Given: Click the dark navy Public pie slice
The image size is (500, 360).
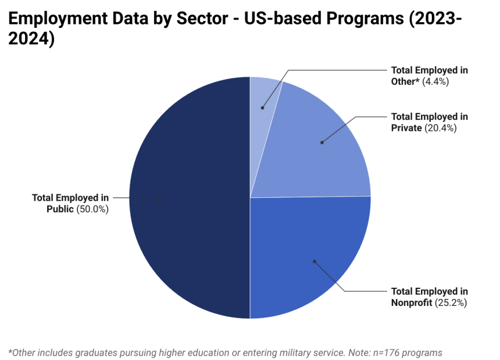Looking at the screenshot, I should click(x=188, y=227).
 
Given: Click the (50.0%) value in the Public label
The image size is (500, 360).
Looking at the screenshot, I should click(x=92, y=209).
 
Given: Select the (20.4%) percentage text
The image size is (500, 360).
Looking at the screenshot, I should click(x=440, y=128).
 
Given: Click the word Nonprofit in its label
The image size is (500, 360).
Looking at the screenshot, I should click(x=412, y=303).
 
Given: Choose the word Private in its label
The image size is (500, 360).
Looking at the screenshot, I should click(x=406, y=128).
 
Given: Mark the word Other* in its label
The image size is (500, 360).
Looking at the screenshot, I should click(x=405, y=81).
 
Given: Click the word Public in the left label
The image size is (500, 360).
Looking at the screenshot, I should click(x=60, y=209).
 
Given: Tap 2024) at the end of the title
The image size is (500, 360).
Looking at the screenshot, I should click(x=31, y=40).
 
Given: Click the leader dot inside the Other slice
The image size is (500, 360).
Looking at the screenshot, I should click(x=262, y=107).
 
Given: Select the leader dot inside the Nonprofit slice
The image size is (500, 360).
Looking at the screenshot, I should click(x=314, y=262).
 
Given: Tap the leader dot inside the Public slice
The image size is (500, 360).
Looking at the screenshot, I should click(x=160, y=198).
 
